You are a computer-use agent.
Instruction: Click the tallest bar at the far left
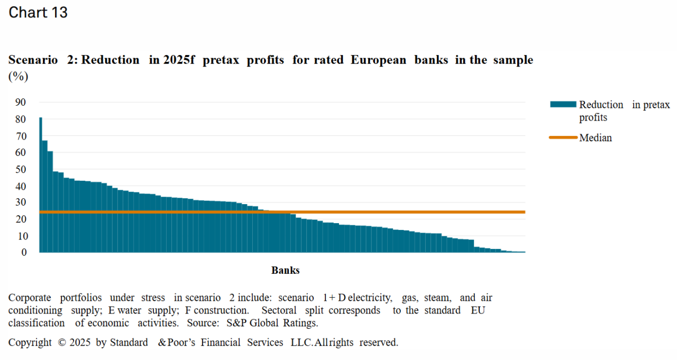point(41,185)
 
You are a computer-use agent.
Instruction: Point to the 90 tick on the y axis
point(21,103)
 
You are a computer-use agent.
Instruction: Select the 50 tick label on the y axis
point(21,170)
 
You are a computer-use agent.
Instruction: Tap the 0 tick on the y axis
point(24,253)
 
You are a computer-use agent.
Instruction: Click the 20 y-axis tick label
point(21,219)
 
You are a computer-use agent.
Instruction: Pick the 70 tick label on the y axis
point(21,136)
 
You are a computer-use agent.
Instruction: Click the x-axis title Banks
point(286,271)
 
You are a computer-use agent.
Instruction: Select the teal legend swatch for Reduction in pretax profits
point(563,105)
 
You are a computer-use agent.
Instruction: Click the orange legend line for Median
point(563,138)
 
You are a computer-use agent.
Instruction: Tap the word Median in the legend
point(596,138)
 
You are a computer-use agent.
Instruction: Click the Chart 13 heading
point(38,13)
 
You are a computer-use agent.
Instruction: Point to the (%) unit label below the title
point(18,77)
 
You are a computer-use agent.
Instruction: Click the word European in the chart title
point(379,60)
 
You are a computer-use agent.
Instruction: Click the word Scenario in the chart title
point(33,60)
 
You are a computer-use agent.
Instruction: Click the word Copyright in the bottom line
point(30,343)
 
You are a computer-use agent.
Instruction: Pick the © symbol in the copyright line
point(61,343)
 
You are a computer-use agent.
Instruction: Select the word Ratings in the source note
point(300,323)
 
